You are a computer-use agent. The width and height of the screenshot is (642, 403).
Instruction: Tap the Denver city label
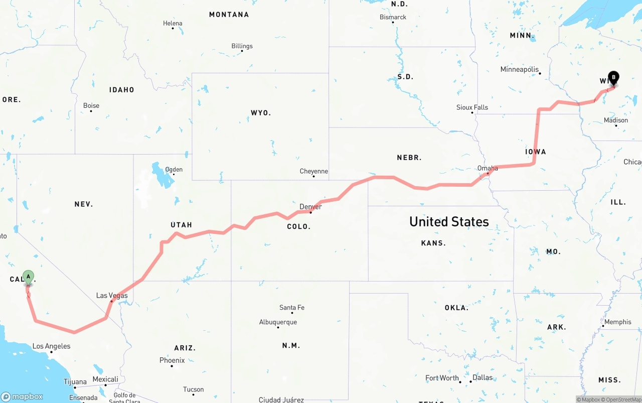click(x=310, y=207)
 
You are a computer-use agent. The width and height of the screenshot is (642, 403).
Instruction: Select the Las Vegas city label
click(x=112, y=296)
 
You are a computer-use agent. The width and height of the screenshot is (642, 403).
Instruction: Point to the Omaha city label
click(x=488, y=168)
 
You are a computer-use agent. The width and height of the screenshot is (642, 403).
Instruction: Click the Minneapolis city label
click(x=519, y=70)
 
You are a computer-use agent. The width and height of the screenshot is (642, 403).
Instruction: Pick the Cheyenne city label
click(x=313, y=171)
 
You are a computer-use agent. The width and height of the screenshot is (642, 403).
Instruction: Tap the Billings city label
click(x=242, y=46)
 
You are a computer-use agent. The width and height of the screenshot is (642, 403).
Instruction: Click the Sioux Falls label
click(x=472, y=107)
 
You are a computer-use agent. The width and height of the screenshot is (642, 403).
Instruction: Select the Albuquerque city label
click(x=278, y=322)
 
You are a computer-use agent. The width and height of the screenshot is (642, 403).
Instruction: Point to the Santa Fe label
click(x=292, y=308)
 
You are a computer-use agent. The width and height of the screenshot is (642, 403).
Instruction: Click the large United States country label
click(x=449, y=221)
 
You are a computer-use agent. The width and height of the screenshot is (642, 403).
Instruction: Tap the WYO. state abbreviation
click(x=261, y=113)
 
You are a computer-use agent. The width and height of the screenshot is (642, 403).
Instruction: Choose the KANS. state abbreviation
click(x=433, y=243)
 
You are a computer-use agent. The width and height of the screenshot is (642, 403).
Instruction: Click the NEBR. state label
click(x=409, y=158)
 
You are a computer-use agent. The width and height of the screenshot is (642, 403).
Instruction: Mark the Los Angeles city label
click(x=51, y=346)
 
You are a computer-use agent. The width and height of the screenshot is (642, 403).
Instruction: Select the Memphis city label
click(x=617, y=322)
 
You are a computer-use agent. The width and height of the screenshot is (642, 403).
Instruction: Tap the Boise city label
click(x=91, y=106)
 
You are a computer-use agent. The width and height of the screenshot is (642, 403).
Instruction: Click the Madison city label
click(x=616, y=120)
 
